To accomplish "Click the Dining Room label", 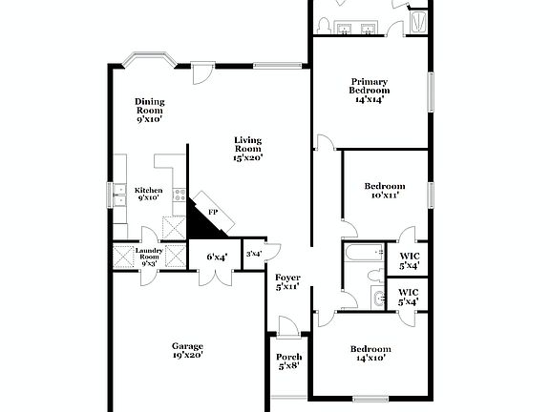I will click(x=149, y=111).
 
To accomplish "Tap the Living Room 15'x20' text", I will click(x=247, y=149).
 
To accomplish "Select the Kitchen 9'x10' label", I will click(x=147, y=194).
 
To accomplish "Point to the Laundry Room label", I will click(x=150, y=256).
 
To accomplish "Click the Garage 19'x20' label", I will click(x=187, y=350).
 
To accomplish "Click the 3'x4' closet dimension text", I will click(x=254, y=254).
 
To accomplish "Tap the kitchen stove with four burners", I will click(x=178, y=194).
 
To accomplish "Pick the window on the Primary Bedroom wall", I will click(x=430, y=92).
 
